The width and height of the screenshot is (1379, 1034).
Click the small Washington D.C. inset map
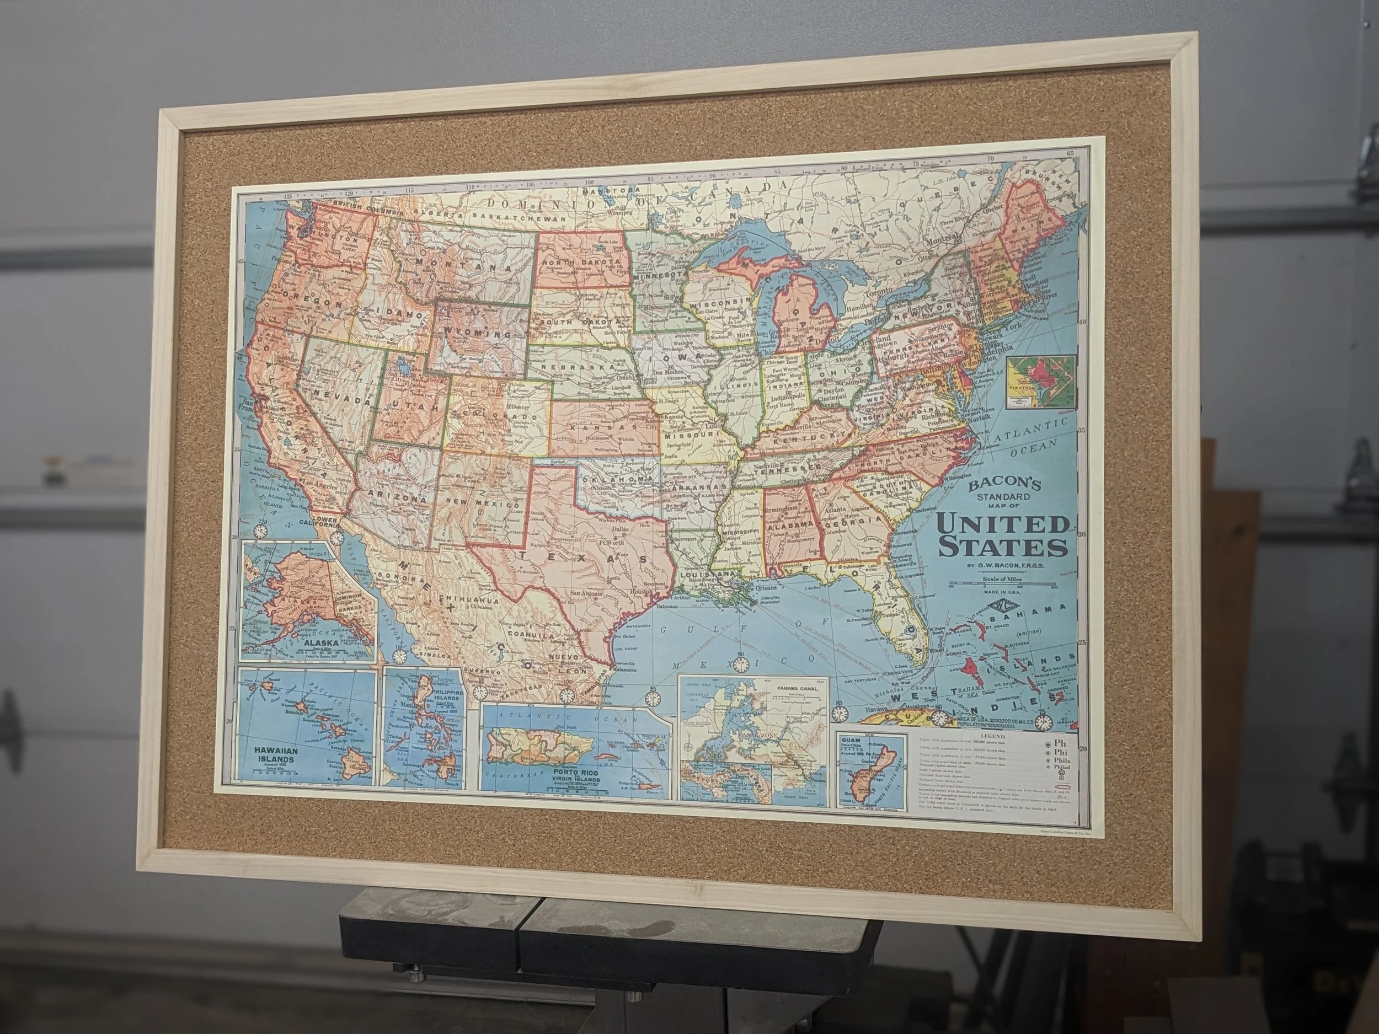[x=1040, y=382]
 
